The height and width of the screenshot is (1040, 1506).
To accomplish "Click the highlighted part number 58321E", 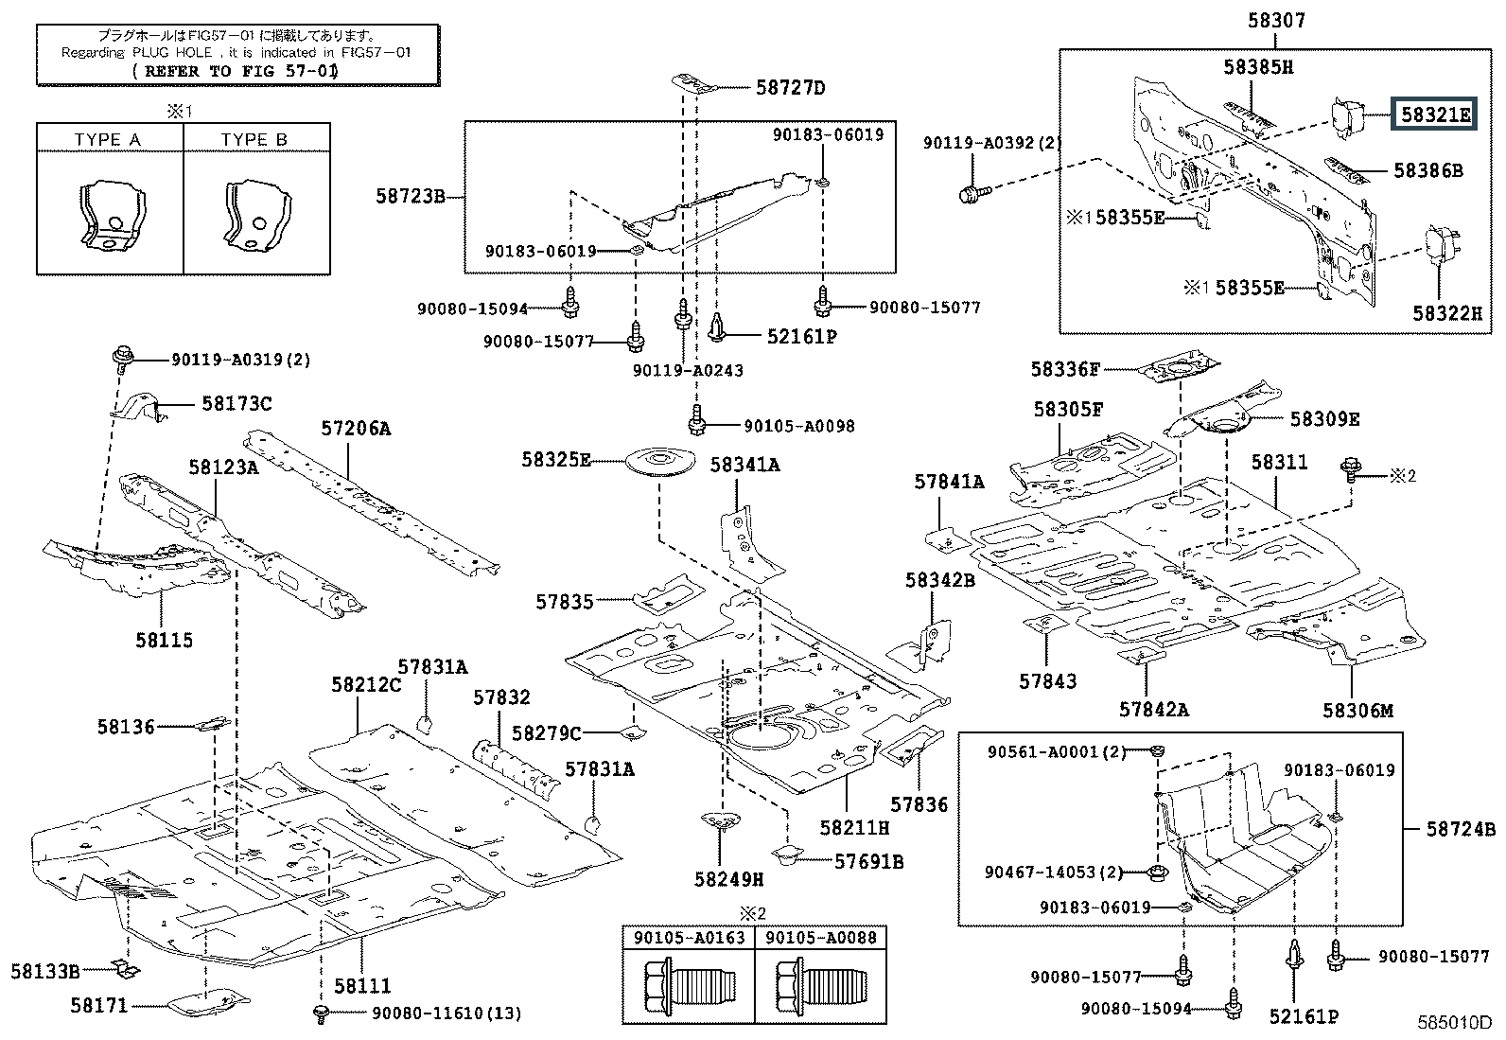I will point(1435,115).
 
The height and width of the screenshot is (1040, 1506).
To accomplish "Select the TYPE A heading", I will point(108,140).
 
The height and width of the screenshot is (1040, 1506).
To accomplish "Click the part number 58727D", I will point(790,88).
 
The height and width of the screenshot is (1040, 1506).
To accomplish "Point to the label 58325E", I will point(555,460).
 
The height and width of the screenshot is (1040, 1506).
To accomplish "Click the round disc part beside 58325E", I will point(660,463).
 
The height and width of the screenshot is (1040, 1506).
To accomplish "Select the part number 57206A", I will point(355,428).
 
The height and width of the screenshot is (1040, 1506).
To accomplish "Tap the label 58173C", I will point(236,404).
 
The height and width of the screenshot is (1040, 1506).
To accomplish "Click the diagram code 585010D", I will point(1453,1023).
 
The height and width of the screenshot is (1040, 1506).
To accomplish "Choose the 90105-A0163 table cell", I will point(688,938).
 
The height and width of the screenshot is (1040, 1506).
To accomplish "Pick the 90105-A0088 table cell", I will point(821,938).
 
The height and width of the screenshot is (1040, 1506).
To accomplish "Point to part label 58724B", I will point(1461,829).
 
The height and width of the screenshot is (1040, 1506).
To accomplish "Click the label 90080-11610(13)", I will point(446,1014).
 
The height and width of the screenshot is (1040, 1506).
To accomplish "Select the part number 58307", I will point(1277,19).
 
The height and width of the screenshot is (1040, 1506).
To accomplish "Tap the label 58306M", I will point(1357,710).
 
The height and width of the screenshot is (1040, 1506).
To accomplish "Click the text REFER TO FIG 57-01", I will point(236,71).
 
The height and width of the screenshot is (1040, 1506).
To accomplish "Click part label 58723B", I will point(411,197).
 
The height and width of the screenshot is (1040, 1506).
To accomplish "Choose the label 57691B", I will point(868,861).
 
